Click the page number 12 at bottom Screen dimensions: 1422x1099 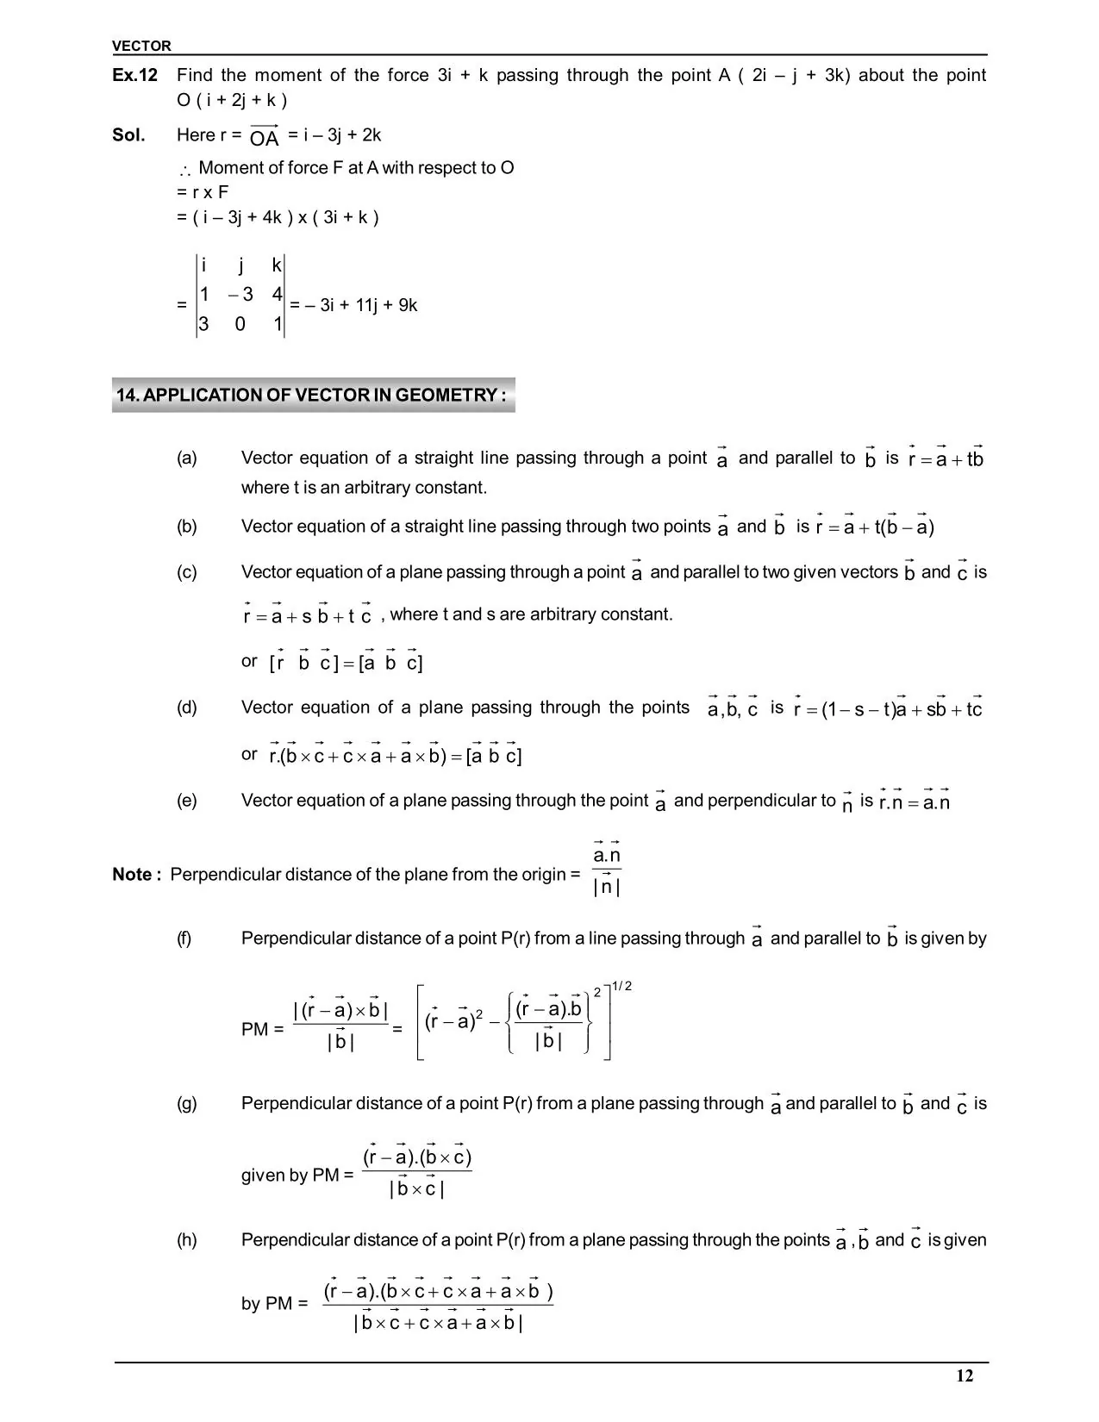tap(965, 1376)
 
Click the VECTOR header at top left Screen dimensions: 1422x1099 tap(141, 46)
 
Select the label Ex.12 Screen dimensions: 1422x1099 tap(134, 76)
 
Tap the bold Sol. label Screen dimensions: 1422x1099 tap(128, 135)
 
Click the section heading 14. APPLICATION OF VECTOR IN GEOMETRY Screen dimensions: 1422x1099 tap(312, 396)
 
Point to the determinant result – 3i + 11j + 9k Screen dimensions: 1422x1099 tap(361, 305)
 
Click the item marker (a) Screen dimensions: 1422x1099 tap(187, 458)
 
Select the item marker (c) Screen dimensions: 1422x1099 tap(187, 572)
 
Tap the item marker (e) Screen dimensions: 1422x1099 tap(187, 801)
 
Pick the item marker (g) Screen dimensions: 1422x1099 tap(187, 1103)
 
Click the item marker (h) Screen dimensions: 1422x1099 tap(187, 1240)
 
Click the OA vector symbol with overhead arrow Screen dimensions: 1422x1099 tap(265, 136)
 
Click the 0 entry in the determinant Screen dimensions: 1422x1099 tap(240, 325)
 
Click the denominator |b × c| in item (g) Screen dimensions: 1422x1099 tap(417, 1190)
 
